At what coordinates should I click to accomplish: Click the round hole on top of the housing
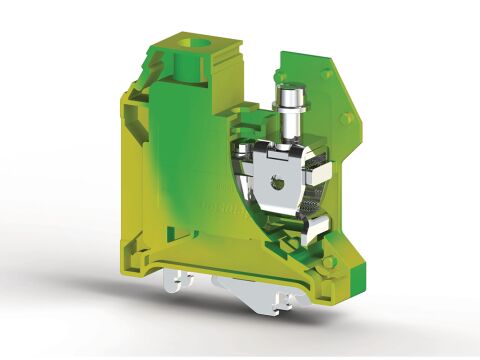tap(211, 45)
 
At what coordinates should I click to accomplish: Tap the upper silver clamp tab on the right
tap(319, 173)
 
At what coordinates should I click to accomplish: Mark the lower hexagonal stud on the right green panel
tap(346, 119)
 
